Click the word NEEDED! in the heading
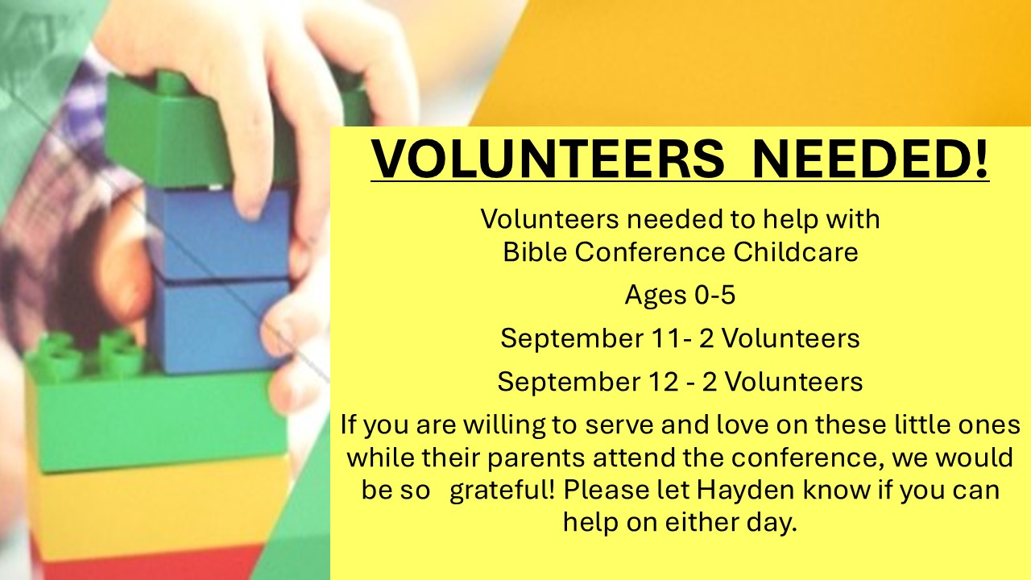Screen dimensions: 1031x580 point(871,158)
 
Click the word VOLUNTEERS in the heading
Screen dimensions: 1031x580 point(548,158)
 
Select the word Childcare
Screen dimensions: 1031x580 point(796,252)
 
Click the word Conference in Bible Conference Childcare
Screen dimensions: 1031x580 point(650,252)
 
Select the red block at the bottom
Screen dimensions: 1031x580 point(147,564)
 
